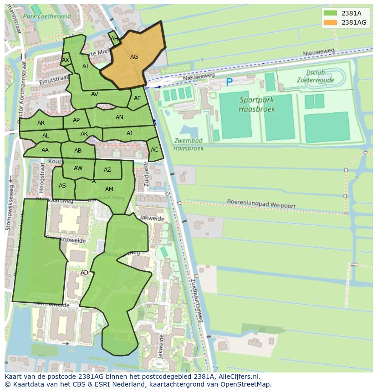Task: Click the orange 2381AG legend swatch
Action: click(x=331, y=22)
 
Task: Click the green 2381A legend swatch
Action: click(x=331, y=13)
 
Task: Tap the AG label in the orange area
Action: click(x=134, y=57)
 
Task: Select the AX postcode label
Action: click(x=66, y=60)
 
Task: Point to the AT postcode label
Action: click(x=86, y=66)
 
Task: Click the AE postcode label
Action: click(x=137, y=98)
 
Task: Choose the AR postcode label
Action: click(x=41, y=123)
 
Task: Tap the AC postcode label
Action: click(x=154, y=150)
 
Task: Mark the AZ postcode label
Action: click(x=107, y=170)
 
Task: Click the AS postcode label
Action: click(x=62, y=185)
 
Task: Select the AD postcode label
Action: click(x=84, y=273)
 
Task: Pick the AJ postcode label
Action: click(x=130, y=133)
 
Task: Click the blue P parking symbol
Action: click(x=229, y=82)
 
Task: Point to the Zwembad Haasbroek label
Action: click(x=188, y=144)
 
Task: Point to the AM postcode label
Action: click(x=109, y=189)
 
